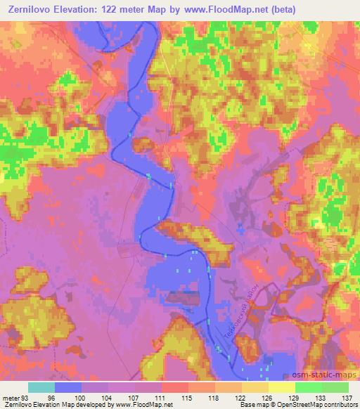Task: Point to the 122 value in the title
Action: (116, 9)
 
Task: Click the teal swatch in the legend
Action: (42, 387)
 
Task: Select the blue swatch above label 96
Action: (69, 387)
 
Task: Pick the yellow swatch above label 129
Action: (282, 387)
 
